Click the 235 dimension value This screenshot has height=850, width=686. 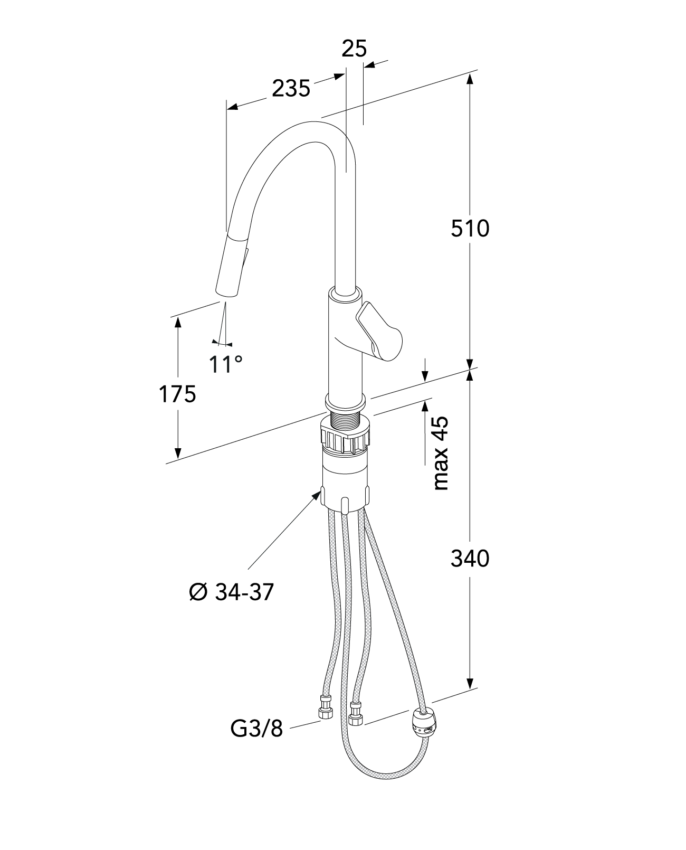291,89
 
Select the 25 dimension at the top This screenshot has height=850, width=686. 354,49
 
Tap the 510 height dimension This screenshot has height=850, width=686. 470,228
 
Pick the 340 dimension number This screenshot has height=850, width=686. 470,559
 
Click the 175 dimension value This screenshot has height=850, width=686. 178,394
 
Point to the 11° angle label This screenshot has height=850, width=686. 225,364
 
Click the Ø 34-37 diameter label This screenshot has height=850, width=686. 231,592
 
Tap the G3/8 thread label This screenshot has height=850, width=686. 257,729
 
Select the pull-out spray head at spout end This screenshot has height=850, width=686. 231,268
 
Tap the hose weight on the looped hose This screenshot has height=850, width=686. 425,721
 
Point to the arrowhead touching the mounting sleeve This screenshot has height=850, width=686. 318,493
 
